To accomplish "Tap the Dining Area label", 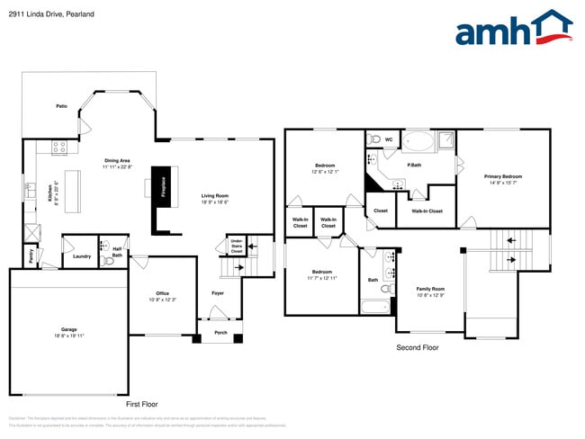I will (117, 163).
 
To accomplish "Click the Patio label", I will (62, 106).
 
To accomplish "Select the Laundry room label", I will (81, 256).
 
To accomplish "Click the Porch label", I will (220, 332).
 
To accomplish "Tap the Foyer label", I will (218, 293).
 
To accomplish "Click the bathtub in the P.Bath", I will (417, 141).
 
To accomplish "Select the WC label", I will (389, 140).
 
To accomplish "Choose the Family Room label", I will (430, 291).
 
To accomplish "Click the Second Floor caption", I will (418, 346).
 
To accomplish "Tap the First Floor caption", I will (143, 405).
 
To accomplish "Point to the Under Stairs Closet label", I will (237, 246).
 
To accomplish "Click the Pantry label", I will (31, 255).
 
